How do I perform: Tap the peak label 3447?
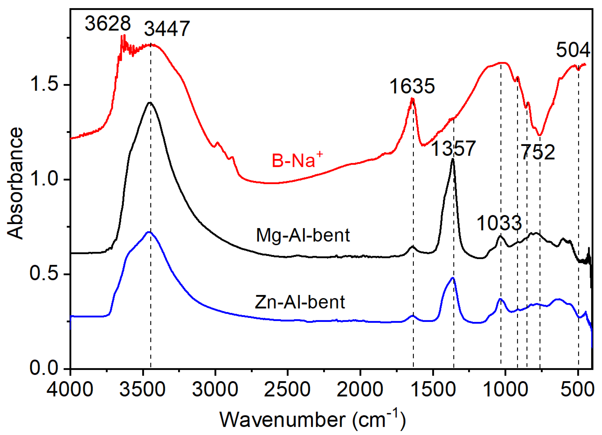167,28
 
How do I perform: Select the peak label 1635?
412,86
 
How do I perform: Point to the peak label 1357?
453,149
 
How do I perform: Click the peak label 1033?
499,223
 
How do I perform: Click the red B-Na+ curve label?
297,160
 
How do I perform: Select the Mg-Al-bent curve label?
303,235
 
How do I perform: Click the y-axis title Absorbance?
15,183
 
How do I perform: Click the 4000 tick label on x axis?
70,389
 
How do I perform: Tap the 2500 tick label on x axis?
287,389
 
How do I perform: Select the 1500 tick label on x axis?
433,389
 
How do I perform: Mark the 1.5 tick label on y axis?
44,85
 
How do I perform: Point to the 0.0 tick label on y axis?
44,368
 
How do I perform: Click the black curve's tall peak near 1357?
453,159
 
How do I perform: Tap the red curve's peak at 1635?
412,99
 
